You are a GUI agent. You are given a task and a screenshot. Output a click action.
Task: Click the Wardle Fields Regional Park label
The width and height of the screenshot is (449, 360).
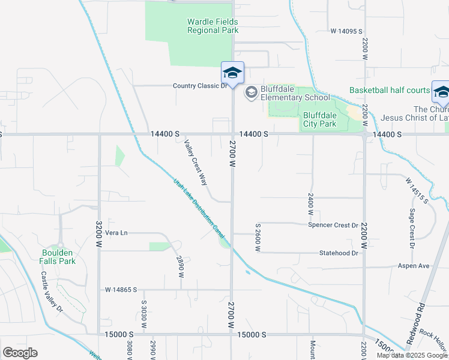tap(212, 26)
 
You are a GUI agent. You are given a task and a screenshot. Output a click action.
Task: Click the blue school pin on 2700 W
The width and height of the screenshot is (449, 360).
tap(232, 73)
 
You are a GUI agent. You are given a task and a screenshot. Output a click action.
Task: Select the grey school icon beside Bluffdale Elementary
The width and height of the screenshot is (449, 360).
tap(250, 92)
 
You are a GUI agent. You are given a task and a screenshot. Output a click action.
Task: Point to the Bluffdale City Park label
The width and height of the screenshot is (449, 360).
tap(320, 119)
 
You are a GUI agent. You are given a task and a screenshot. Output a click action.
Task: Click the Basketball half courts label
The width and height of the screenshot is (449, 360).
tap(390, 91)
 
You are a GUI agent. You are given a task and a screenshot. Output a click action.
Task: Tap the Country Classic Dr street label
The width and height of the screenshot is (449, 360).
tap(200, 86)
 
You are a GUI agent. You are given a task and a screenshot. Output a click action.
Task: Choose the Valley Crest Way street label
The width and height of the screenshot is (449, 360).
tap(196, 157)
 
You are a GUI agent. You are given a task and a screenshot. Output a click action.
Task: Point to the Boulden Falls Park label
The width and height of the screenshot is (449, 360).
tap(58, 257)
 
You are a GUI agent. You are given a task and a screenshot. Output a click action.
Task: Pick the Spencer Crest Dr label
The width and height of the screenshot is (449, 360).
tap(333, 225)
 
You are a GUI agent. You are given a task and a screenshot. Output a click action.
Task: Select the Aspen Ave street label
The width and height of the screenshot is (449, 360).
tap(414, 265)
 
